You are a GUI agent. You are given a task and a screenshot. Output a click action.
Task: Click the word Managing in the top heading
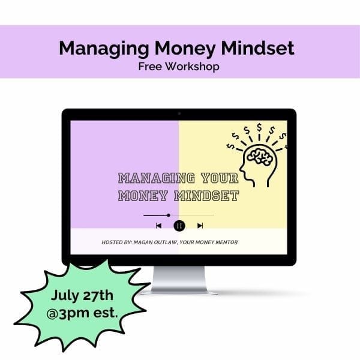104,49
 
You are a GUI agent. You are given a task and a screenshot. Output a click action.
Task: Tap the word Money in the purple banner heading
185,49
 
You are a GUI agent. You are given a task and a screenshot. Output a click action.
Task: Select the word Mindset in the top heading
257,48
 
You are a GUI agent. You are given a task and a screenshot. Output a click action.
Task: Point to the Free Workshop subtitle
179,67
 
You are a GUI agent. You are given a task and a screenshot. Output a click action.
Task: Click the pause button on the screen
179,226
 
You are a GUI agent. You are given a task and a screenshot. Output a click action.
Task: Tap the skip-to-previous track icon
158,226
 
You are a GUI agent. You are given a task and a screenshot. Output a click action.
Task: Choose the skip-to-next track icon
200,226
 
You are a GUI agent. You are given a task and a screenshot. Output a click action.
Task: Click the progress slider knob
169,215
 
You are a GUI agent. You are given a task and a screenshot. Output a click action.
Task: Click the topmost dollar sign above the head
259,127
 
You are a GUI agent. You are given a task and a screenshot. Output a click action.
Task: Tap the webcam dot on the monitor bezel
179,113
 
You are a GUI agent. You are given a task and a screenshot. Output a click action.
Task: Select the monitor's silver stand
179,280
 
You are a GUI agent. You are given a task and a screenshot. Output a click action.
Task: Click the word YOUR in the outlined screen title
220,178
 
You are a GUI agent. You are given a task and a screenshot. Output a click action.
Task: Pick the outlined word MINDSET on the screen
206,196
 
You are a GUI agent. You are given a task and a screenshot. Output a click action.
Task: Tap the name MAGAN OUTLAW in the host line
155,242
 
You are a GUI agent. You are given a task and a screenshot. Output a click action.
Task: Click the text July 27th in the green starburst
82,296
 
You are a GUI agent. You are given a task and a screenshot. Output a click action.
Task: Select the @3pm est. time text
82,313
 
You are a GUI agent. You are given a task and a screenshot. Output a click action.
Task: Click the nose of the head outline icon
241,169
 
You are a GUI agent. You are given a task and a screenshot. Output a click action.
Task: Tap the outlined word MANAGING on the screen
157,178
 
